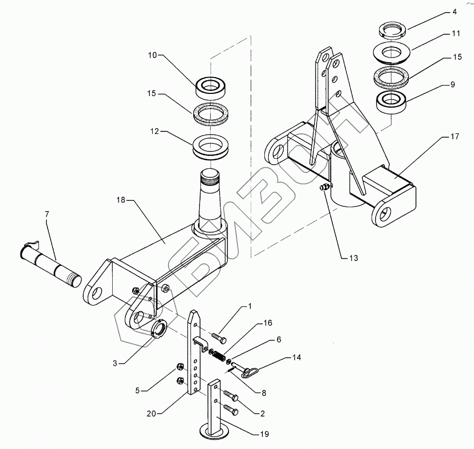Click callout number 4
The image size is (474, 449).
(x=455, y=13)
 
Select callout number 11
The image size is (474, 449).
(x=456, y=33)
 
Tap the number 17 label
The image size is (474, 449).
(x=455, y=137)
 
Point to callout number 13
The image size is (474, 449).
(x=353, y=258)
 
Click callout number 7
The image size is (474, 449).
(x=46, y=214)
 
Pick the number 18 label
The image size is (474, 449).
(x=121, y=200)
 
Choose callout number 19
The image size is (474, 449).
(x=264, y=434)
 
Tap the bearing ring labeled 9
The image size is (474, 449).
(x=391, y=103)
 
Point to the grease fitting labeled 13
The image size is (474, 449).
(x=324, y=188)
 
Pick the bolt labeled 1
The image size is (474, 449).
(x=219, y=339)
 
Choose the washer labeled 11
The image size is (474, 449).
(x=391, y=53)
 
